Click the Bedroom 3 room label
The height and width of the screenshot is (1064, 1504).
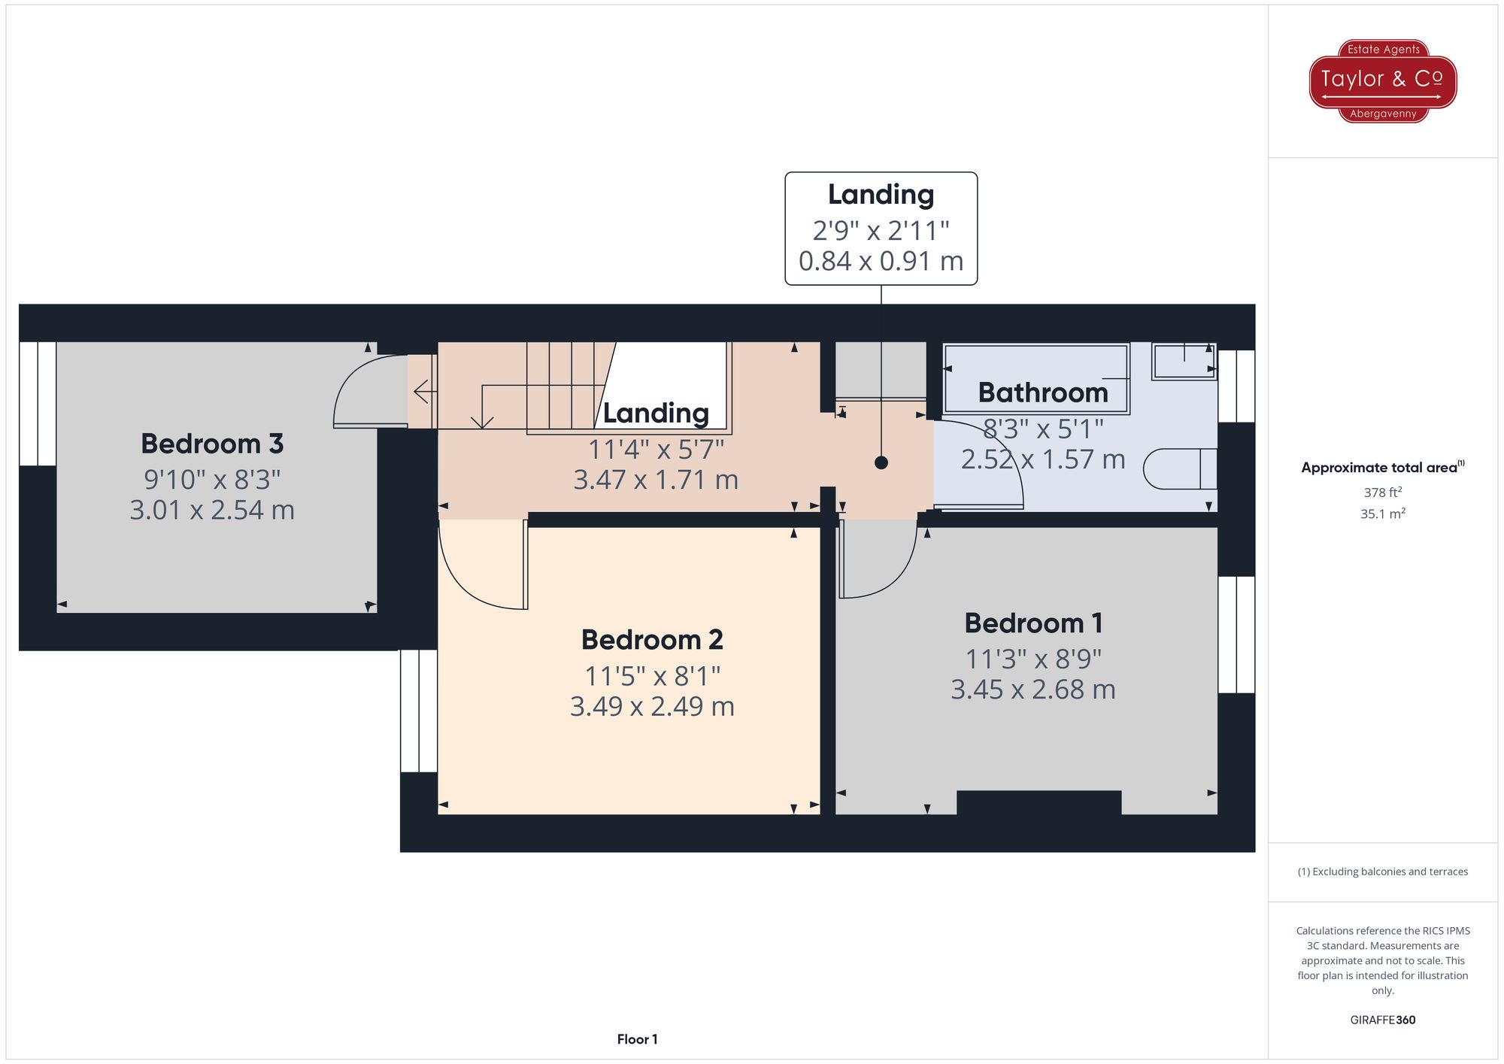tap(212, 444)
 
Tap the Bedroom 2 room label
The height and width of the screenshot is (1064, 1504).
tap(652, 640)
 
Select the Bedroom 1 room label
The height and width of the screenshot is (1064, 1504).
tap(1033, 623)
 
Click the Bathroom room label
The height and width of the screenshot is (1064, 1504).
tap(1042, 393)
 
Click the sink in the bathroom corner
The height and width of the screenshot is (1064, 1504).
tap(1184, 362)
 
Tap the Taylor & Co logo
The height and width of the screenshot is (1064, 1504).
tap(1382, 80)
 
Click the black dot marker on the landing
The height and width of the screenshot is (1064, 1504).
tap(881, 463)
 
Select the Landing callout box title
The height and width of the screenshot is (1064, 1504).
tap(881, 195)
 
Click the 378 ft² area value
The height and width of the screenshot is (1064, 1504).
tap(1382, 493)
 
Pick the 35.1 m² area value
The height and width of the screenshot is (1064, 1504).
tap(1382, 514)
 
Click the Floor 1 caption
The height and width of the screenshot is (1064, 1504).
tap(637, 1039)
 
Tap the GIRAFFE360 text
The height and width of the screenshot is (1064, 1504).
tap(1382, 1020)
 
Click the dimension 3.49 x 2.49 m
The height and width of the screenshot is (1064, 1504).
tap(652, 707)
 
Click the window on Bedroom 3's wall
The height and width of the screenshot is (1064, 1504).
tap(38, 404)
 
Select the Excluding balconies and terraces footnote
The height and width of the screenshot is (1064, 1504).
tap(1382, 872)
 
